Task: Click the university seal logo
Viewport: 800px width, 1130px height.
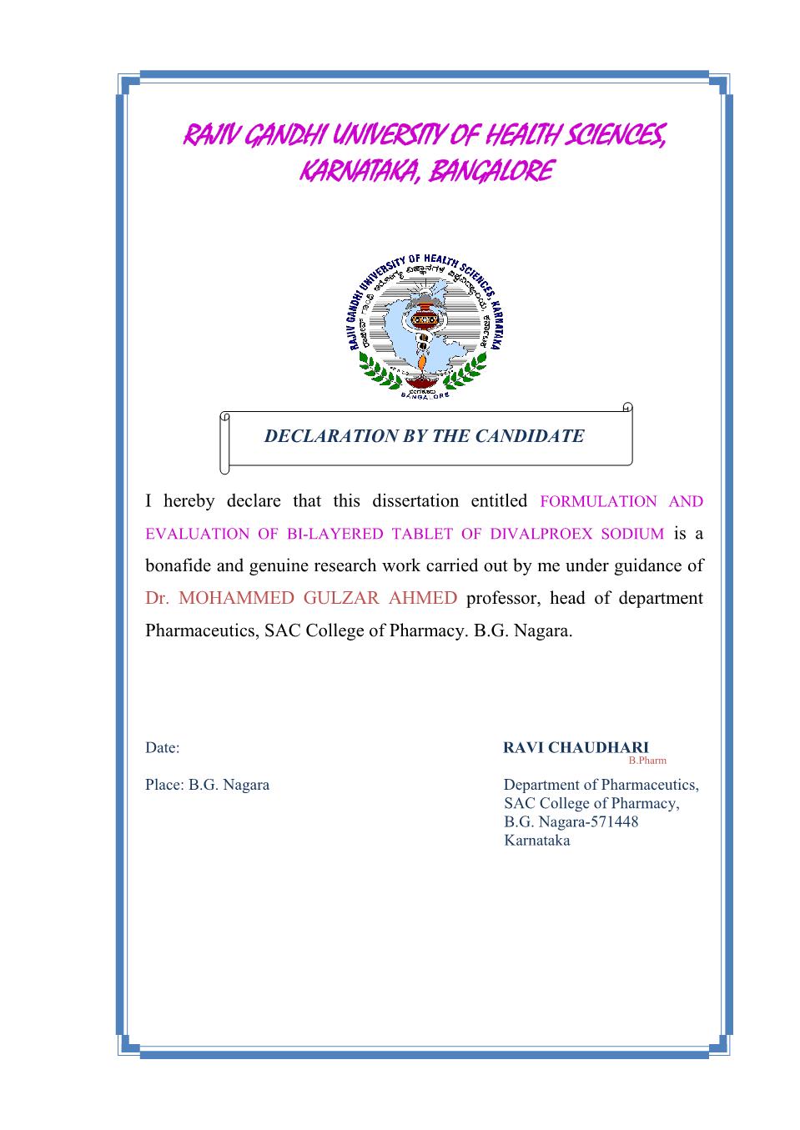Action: coord(425,325)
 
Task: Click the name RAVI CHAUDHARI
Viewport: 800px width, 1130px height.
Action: coord(576,747)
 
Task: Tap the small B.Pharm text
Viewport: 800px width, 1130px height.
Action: coord(647,761)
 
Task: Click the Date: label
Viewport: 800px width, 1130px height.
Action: coord(163,748)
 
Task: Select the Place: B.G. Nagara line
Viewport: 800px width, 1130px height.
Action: coord(207,785)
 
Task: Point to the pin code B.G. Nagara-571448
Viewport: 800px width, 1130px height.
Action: coord(571,822)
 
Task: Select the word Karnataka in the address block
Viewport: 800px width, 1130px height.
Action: coord(537,841)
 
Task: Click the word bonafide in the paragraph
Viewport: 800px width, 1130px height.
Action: coord(179,565)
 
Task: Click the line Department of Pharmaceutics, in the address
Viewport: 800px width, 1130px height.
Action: coord(601,785)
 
